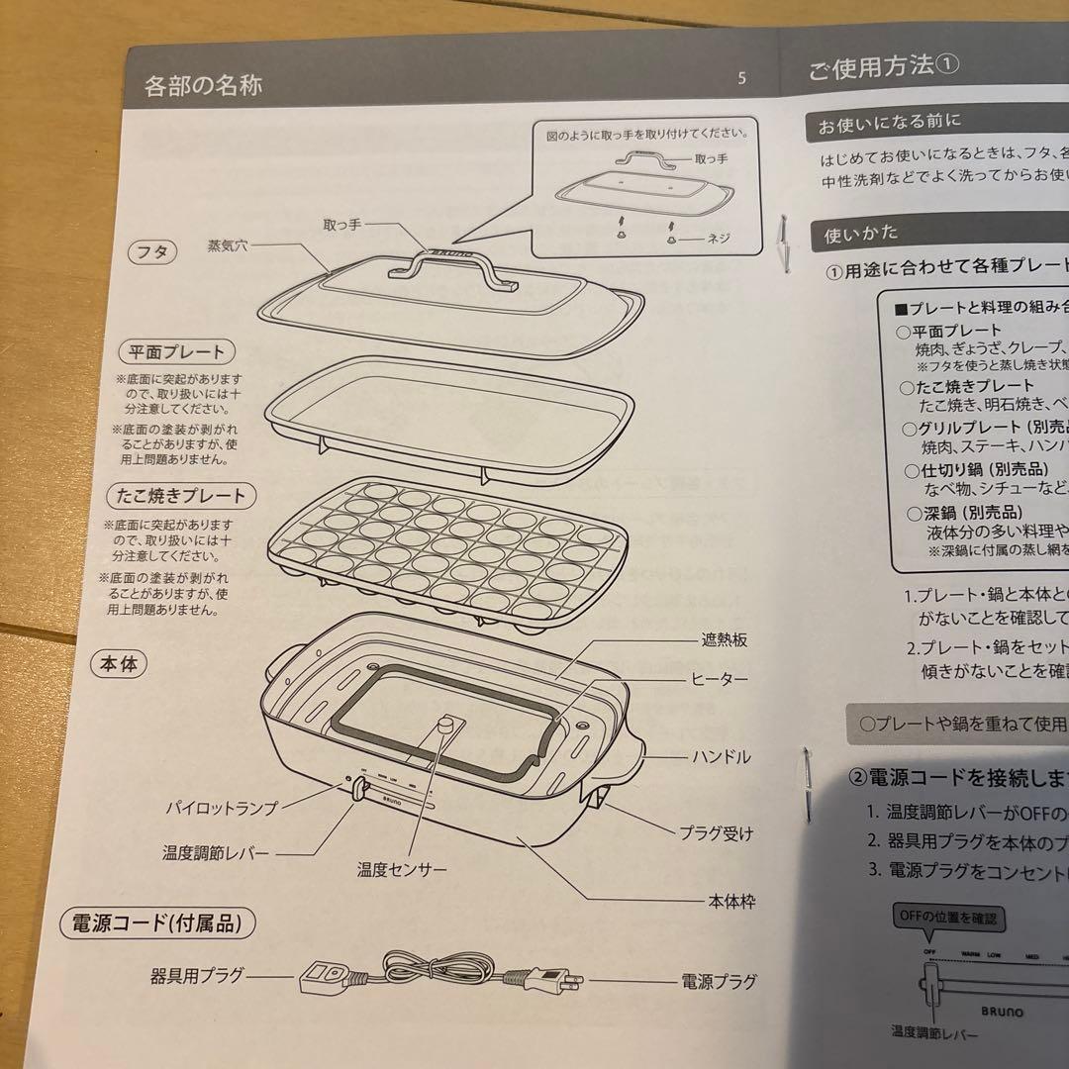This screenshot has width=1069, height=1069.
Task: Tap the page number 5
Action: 742,80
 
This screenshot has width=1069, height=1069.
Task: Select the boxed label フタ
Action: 151,252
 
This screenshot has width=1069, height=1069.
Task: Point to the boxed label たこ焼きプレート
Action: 179,494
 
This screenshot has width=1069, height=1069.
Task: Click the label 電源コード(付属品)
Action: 157,924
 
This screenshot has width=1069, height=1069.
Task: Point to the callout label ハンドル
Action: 721,757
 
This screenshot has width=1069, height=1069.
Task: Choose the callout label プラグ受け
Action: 716,833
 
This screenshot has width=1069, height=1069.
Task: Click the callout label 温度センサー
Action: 402,870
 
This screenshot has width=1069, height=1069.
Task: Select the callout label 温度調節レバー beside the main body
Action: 216,852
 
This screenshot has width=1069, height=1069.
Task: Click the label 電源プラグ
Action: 719,982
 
